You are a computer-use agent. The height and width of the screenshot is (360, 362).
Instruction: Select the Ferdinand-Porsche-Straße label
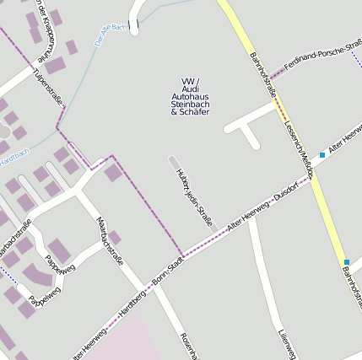coord(321,52)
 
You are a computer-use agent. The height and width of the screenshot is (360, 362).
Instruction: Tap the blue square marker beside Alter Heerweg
coord(322,155)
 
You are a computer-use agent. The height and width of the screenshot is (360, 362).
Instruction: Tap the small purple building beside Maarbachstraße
coord(115,238)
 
